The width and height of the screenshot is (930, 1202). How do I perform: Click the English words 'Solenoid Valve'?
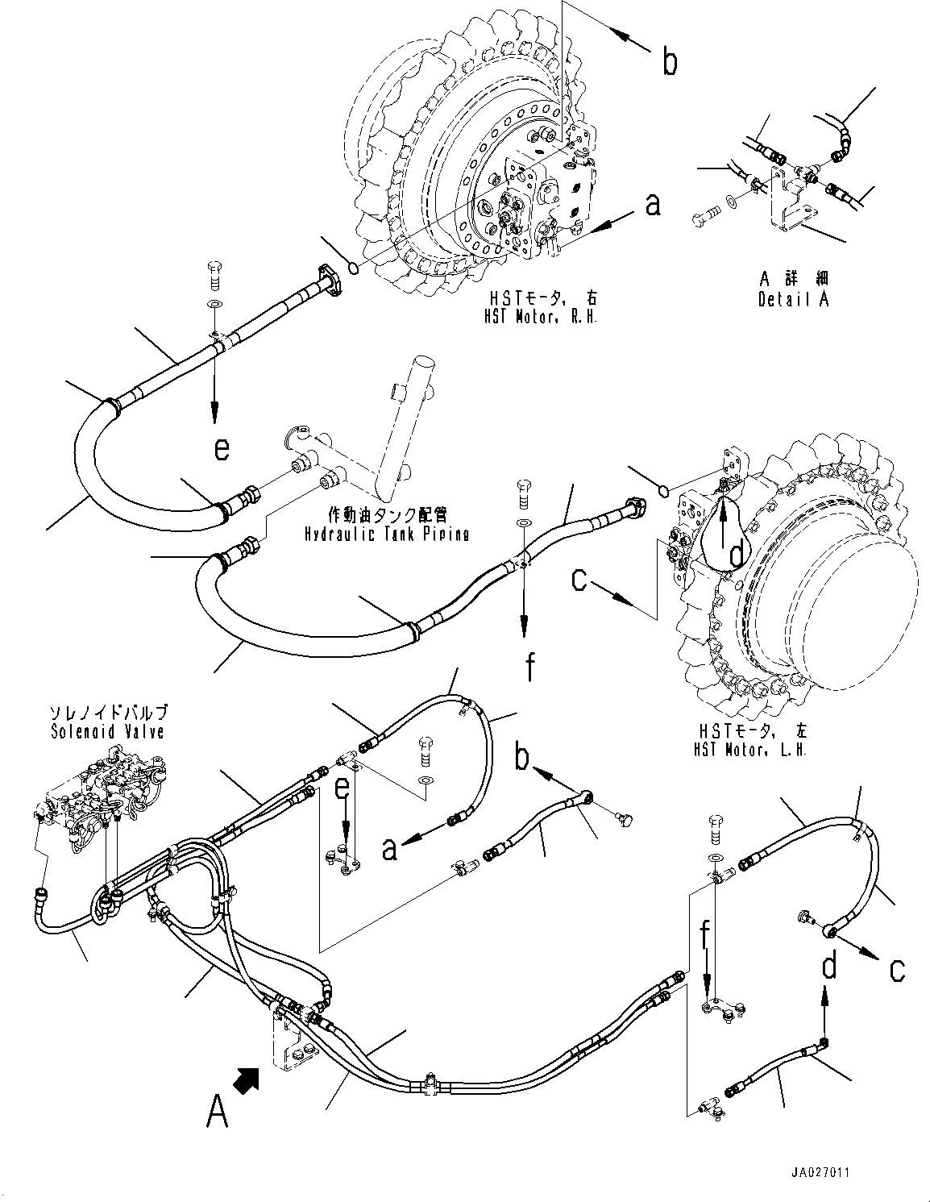click(x=106, y=731)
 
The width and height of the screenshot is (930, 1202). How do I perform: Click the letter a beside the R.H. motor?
click(x=653, y=204)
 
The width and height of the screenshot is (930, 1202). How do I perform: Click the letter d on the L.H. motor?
click(x=735, y=555)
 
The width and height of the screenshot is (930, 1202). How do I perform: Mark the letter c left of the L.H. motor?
click(x=579, y=580)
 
